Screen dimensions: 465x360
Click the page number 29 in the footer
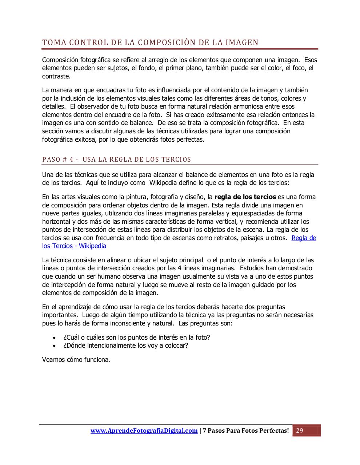click(300, 431)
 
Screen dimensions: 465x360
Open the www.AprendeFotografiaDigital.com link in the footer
click(144, 431)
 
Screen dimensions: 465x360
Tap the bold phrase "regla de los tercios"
click(245, 197)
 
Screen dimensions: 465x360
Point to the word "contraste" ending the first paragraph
click(56, 76)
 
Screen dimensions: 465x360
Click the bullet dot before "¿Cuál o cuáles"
click(54, 337)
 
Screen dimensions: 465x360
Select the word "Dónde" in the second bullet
click(75, 345)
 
